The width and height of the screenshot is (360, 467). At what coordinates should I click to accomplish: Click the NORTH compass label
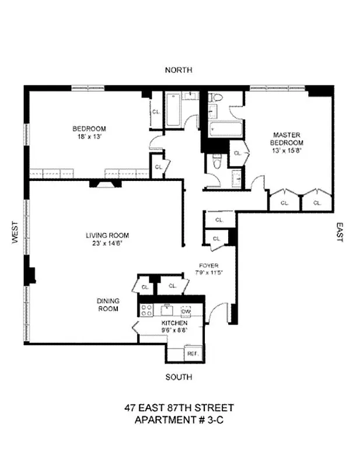pos(178,70)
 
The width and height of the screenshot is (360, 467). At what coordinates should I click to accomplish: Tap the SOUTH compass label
pos(178,377)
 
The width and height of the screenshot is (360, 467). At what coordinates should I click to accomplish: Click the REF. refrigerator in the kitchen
pos(192,353)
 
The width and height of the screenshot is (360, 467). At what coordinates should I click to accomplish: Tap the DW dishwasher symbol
pos(186,310)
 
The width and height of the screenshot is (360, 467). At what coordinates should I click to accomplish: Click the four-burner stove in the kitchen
pos(146,311)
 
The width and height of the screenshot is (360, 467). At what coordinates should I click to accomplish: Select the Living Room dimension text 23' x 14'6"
pos(107,245)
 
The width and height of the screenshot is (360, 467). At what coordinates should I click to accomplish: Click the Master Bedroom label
pos(286,138)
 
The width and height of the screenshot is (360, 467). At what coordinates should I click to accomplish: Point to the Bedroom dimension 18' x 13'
pos(89,138)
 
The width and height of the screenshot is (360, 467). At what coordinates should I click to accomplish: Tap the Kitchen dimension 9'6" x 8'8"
pos(174,330)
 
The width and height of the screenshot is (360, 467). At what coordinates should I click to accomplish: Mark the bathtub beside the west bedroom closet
pos(173,111)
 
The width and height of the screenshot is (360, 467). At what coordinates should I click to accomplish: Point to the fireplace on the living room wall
pos(105,183)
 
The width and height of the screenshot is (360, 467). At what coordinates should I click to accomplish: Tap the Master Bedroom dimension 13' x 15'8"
pos(286,150)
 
